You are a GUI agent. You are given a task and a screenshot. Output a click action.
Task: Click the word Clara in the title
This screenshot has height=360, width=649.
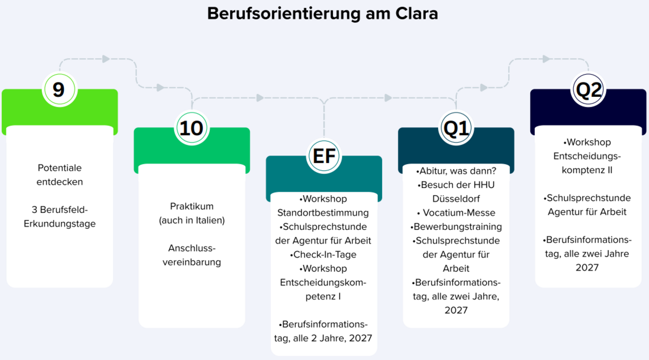pyautogui.click(x=416, y=14)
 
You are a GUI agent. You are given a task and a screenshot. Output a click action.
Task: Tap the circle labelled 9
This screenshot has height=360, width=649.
pyautogui.click(x=59, y=90)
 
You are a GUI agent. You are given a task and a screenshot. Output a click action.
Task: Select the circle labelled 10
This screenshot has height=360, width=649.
pyautogui.click(x=192, y=128)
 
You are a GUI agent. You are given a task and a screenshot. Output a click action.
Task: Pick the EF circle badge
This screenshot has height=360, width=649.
pyautogui.click(x=324, y=156)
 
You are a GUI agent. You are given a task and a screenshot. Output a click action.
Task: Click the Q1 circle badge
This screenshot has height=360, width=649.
pyautogui.click(x=456, y=128)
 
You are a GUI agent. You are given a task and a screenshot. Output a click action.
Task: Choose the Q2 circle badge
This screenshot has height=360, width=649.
pyautogui.click(x=588, y=90)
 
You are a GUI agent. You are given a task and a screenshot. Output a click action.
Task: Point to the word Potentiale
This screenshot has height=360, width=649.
pyautogui.click(x=59, y=168)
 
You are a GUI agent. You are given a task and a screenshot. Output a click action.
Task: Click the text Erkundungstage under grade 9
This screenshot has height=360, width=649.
pyautogui.click(x=59, y=224)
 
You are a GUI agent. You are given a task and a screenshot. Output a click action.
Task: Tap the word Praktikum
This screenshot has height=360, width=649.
pyautogui.click(x=192, y=207)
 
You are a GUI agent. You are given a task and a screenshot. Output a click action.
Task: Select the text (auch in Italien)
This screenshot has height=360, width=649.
pyautogui.click(x=192, y=220)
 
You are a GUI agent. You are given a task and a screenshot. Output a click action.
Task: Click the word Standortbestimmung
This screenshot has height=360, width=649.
pyautogui.click(x=323, y=213)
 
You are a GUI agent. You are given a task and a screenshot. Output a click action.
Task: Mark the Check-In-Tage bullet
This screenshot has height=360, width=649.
pyautogui.click(x=323, y=254)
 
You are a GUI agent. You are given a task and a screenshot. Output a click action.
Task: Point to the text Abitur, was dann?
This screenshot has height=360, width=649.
pyautogui.click(x=456, y=171)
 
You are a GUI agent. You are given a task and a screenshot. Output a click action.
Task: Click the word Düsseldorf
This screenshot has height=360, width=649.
pyautogui.click(x=456, y=199)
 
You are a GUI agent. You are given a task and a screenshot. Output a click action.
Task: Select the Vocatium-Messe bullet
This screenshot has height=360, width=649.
pyautogui.click(x=456, y=213)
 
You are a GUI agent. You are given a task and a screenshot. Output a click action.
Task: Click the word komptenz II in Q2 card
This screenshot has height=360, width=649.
pyautogui.click(x=587, y=170)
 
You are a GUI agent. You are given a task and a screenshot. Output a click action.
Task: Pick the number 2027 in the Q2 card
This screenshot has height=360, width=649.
pyautogui.click(x=587, y=268)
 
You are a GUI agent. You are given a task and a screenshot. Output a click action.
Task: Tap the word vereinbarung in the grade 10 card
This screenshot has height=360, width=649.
pyautogui.click(x=192, y=262)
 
